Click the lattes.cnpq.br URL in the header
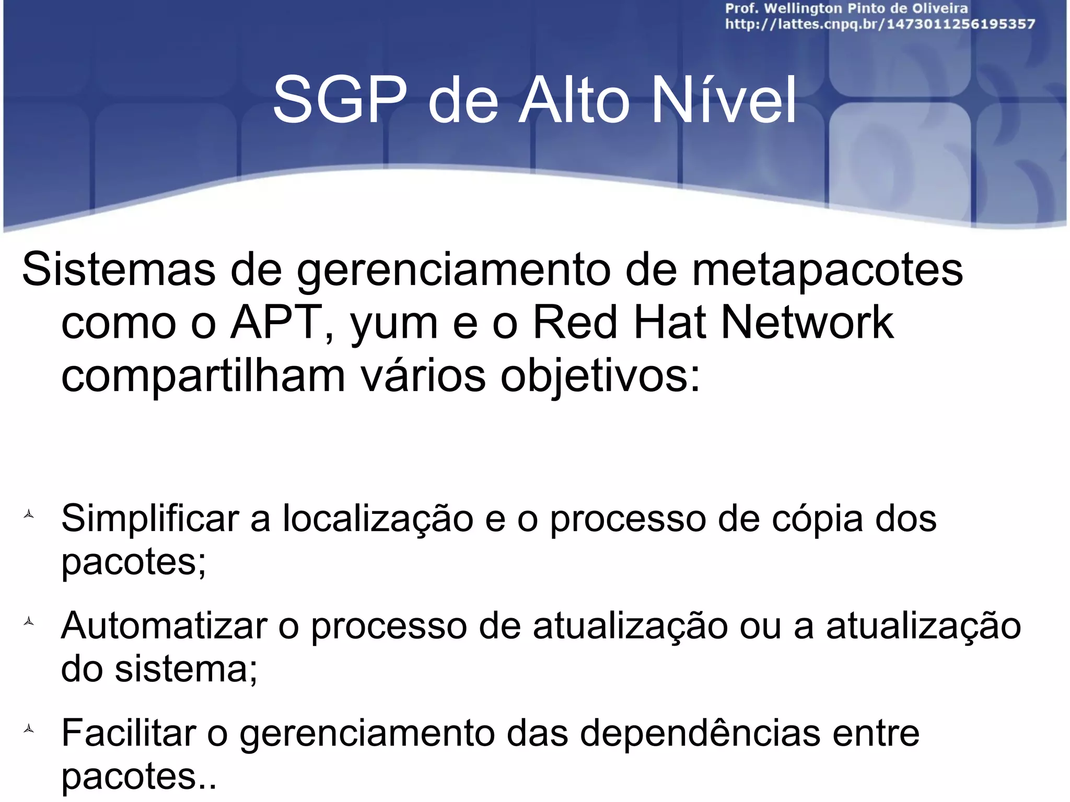[880, 24]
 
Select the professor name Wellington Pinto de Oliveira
[866, 8]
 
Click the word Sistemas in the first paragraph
[119, 269]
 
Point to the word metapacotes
[828, 269]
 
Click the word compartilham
[203, 377]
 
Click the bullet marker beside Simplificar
[29, 515]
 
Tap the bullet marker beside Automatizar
[29, 621]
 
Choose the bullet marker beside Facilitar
[29, 729]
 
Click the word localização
[378, 519]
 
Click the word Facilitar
[129, 733]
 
